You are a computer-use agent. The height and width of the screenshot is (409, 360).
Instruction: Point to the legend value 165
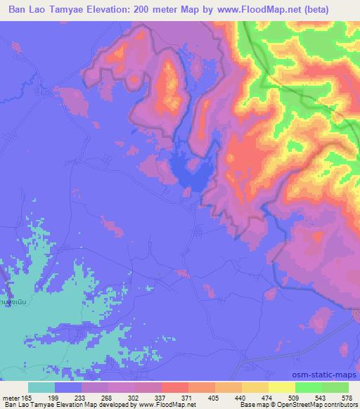pos(27,398)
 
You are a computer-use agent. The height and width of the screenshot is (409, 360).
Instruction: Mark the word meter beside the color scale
pos(9,398)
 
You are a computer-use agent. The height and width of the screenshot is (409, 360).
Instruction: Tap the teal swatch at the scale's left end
pos(41,387)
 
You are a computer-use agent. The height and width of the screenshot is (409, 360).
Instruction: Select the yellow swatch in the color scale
pos(281,387)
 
